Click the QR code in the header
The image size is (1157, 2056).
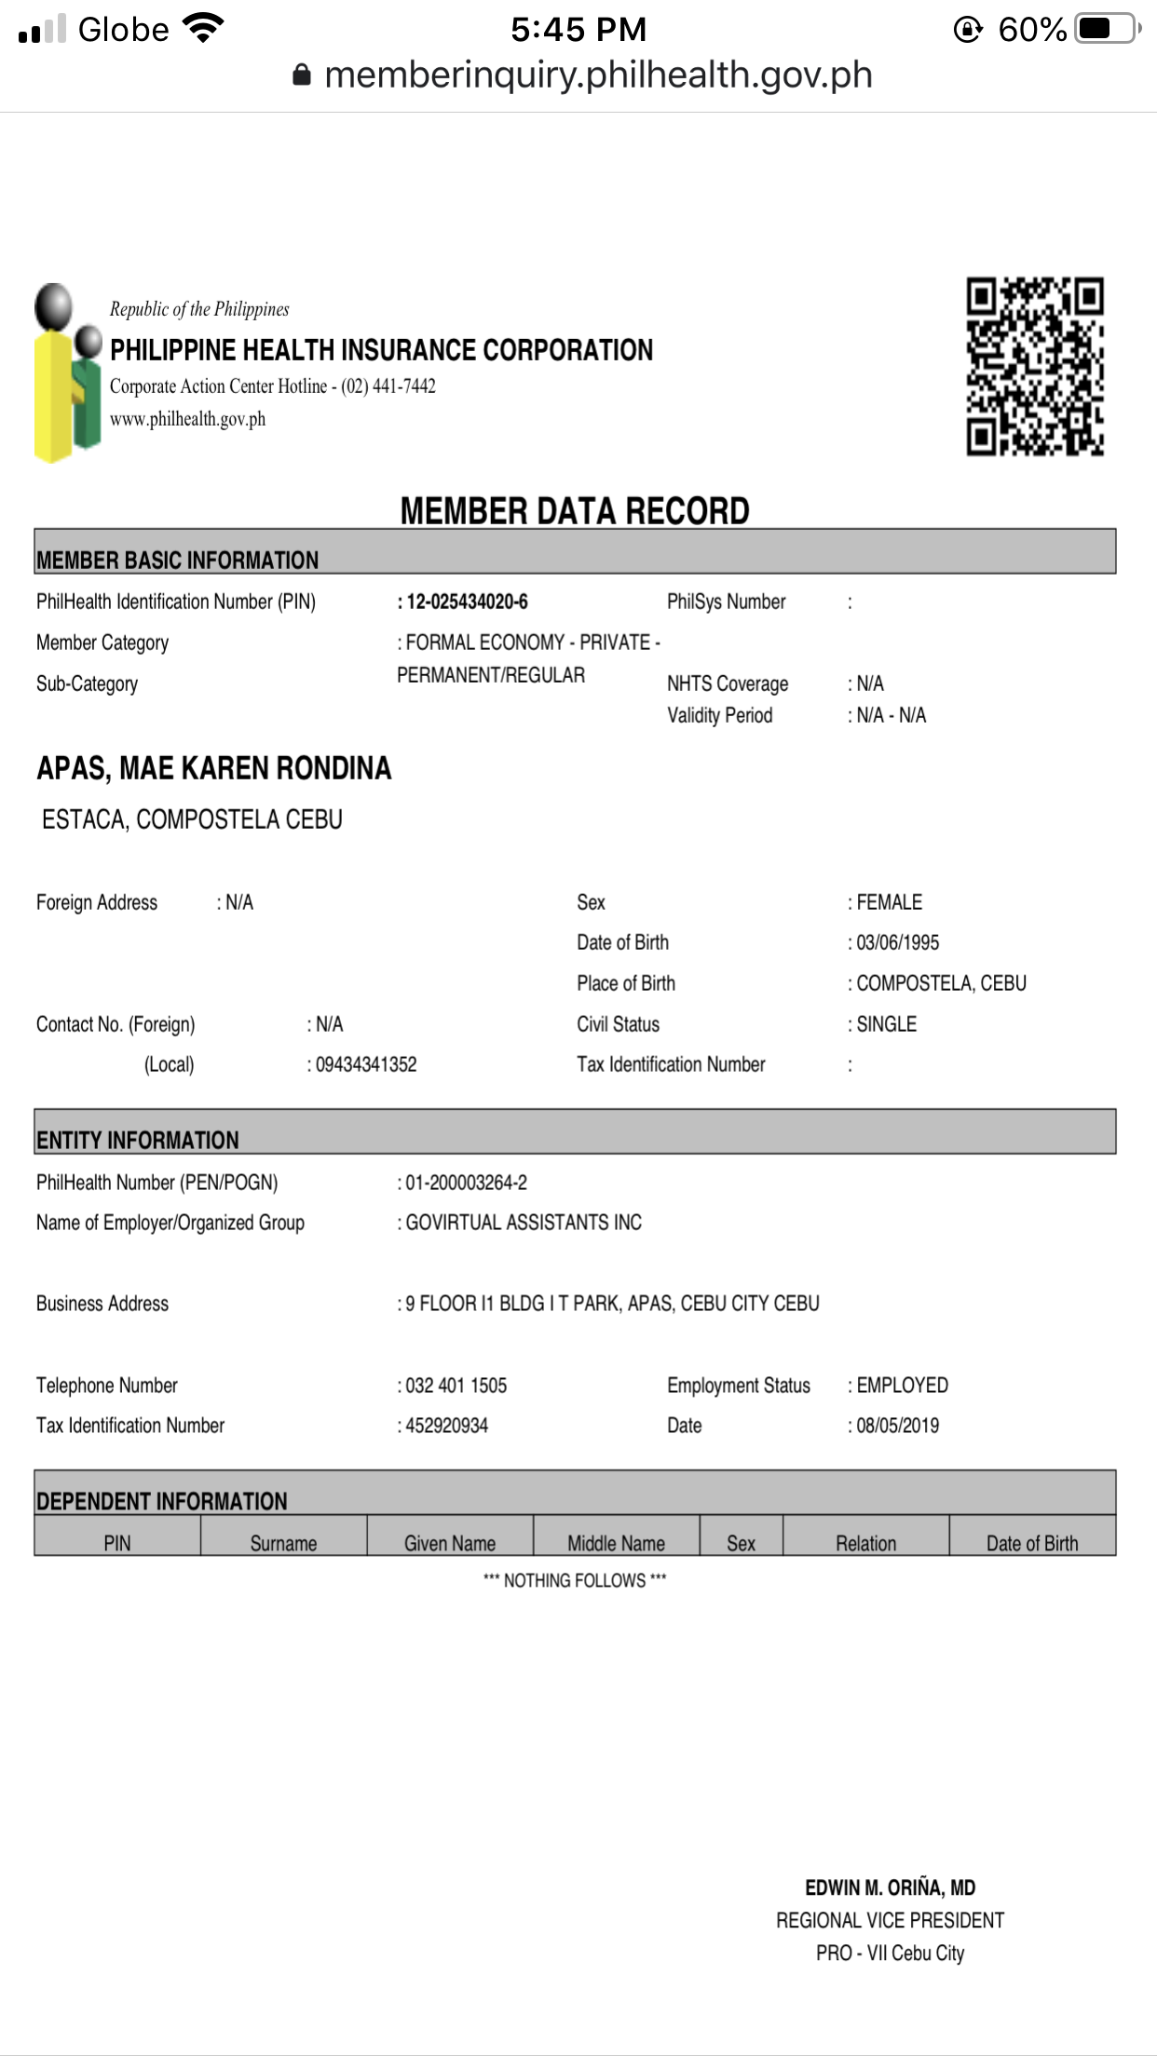click(x=1034, y=366)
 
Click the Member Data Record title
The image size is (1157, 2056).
click(x=575, y=511)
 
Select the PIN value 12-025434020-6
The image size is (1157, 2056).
click(x=467, y=602)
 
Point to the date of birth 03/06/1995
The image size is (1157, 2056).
click(x=897, y=942)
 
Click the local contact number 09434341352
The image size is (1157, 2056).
click(x=366, y=1064)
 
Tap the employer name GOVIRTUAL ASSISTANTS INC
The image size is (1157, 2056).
click(x=524, y=1223)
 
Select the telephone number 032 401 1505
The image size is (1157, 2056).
click(x=456, y=1386)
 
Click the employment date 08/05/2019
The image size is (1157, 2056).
click(x=897, y=1426)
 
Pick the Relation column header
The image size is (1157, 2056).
click(x=865, y=1543)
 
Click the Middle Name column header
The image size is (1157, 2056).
click(x=616, y=1543)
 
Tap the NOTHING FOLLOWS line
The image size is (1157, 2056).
click(x=575, y=1580)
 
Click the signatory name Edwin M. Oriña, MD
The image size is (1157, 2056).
click(x=890, y=1887)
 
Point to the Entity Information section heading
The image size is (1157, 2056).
click(x=138, y=1140)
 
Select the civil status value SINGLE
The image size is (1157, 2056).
click(x=886, y=1024)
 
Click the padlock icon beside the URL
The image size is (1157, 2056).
click(x=302, y=75)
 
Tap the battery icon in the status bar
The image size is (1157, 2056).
click(x=1107, y=29)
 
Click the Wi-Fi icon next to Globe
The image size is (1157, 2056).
click(x=203, y=28)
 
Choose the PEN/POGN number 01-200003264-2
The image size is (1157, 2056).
click(x=466, y=1183)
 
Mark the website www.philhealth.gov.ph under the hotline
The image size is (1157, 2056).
click(x=187, y=419)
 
